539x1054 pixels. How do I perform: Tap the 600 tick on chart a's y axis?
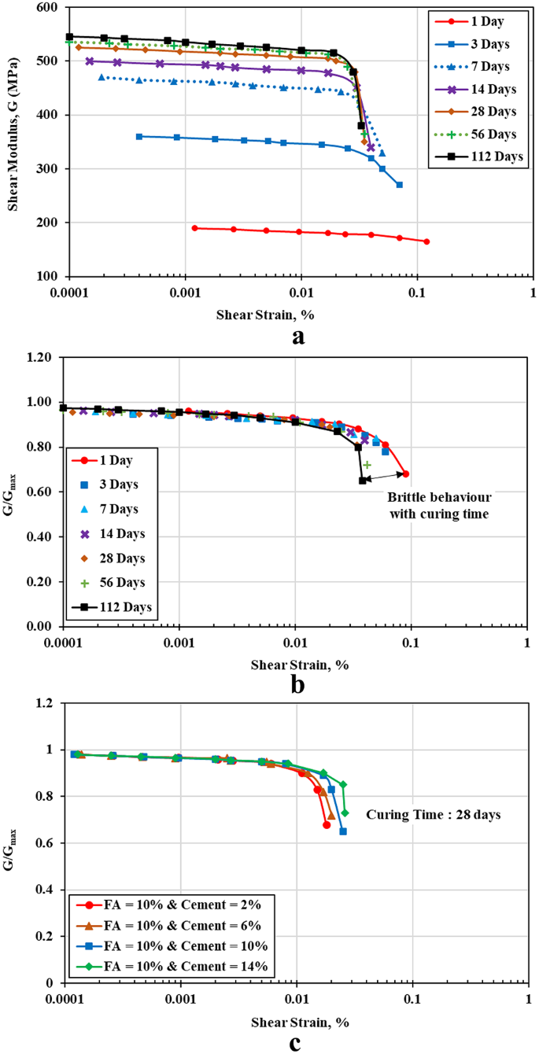coord(49,7)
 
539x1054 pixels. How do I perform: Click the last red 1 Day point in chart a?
coord(426,241)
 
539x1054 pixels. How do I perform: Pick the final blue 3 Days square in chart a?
coord(400,185)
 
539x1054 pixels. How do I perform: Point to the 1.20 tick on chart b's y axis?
coord(42,357)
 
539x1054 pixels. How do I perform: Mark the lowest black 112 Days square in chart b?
coord(363,481)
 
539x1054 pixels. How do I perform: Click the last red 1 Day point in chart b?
coord(405,474)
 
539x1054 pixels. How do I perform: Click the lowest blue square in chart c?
coord(343,831)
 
